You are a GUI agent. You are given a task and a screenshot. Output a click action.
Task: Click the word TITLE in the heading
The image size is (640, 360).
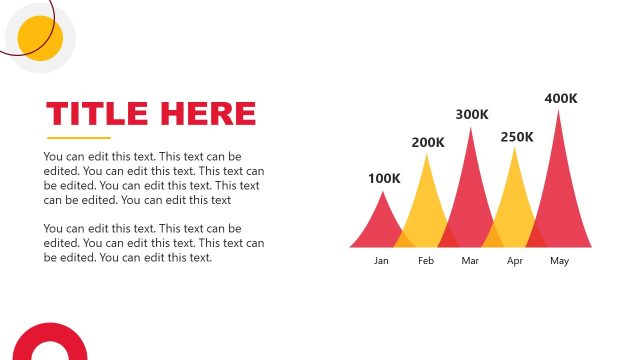pyautogui.click(x=97, y=113)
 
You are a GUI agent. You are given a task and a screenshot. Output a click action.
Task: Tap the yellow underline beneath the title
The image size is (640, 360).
pyautogui.click(x=79, y=138)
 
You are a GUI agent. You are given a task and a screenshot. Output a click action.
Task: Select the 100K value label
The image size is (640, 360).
pyautogui.click(x=384, y=179)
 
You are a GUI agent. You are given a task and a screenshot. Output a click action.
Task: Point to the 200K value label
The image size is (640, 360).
pyautogui.click(x=428, y=142)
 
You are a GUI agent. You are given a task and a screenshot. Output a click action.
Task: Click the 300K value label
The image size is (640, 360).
pyautogui.click(x=472, y=115)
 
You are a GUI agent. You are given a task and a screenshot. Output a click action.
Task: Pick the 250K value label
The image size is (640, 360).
pyautogui.click(x=517, y=136)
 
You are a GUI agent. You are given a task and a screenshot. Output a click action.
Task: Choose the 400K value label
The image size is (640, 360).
pyautogui.click(x=561, y=98)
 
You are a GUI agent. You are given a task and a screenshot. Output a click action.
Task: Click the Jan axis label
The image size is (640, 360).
pyautogui.click(x=381, y=261)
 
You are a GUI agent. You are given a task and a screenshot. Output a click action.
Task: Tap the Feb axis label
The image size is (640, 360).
pyautogui.click(x=426, y=261)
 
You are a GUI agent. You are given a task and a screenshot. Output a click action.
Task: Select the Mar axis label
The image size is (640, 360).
pyautogui.click(x=471, y=261)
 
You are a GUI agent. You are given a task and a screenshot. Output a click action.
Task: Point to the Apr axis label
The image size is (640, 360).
pyautogui.click(x=515, y=261)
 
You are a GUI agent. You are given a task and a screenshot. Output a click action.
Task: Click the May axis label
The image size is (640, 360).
pyautogui.click(x=559, y=261)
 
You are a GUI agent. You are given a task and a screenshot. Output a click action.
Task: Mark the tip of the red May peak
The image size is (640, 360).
pyautogui.click(x=559, y=110)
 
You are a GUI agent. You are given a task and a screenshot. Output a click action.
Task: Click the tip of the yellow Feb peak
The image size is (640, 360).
pyautogui.click(x=427, y=154)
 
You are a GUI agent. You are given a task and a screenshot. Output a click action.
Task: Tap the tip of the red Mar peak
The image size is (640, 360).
pyautogui.click(x=471, y=128)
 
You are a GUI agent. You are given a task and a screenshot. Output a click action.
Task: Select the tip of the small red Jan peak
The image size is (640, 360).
pyautogui.click(x=382, y=192)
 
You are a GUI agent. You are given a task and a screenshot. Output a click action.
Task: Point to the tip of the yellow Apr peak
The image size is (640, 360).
pyautogui.click(x=515, y=148)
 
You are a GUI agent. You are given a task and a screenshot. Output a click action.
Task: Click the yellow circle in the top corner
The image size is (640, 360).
pyautogui.click(x=41, y=38)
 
